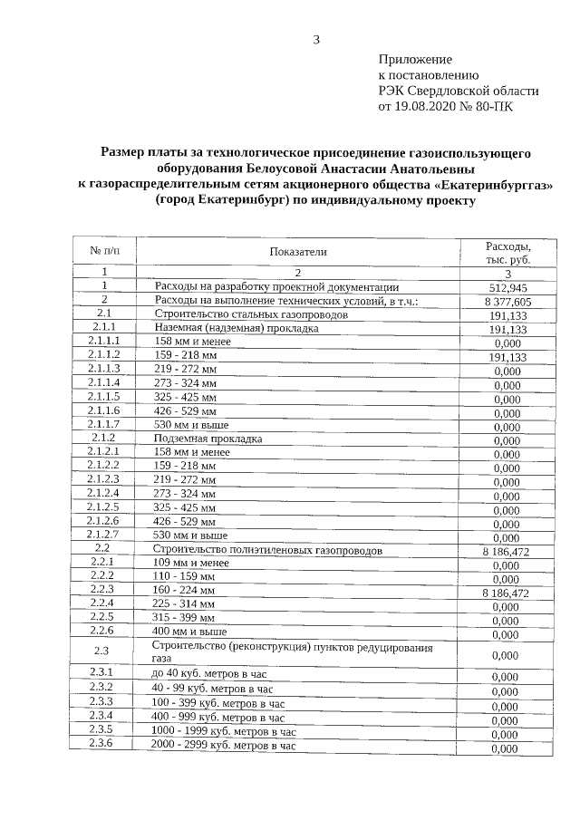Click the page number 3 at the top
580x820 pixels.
316,39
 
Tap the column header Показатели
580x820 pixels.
297,251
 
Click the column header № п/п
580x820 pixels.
104,250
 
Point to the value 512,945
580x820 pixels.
507,287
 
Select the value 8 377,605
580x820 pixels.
507,302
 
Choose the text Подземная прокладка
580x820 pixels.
208,439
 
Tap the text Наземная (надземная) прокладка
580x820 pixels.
237,328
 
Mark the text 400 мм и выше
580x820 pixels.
190,631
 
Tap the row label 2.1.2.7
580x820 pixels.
104,535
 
